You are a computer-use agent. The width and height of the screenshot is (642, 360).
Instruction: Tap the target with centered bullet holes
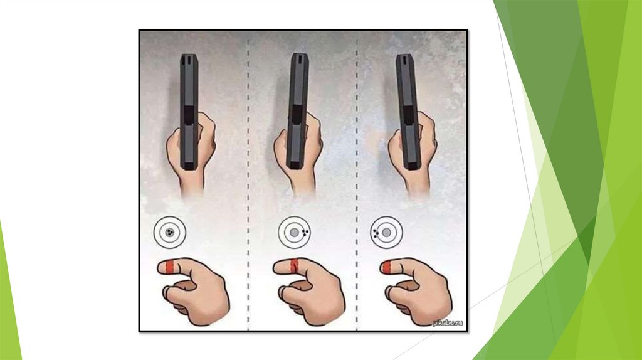point(170,233)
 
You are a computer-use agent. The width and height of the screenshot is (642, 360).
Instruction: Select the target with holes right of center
point(295,232)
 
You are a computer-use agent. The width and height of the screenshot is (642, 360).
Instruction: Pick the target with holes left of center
point(386,233)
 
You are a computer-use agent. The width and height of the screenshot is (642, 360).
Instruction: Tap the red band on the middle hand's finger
point(294,266)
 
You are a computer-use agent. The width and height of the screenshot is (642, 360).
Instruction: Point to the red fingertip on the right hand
point(386,267)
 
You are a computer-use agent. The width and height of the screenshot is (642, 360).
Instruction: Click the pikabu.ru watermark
point(448,323)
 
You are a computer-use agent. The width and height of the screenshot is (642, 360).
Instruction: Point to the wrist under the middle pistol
point(303,185)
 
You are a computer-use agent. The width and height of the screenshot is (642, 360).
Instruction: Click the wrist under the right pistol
point(418,185)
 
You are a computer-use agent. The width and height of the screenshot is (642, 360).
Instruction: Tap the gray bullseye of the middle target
point(294,233)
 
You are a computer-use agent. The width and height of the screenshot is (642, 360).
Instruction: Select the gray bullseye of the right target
point(386,233)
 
